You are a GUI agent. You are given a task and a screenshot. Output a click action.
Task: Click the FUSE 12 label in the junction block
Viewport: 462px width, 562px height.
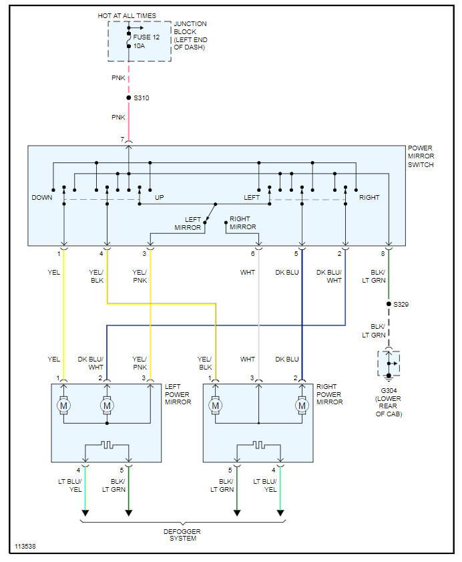coord(146,37)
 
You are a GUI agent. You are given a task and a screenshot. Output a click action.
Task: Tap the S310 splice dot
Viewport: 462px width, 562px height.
coord(129,98)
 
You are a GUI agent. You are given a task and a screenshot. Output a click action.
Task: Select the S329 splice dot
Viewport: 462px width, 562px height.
coord(389,304)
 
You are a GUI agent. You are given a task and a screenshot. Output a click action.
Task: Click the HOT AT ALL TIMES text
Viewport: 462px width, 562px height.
coord(127,16)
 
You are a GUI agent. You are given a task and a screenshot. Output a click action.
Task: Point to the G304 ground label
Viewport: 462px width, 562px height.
coord(389,391)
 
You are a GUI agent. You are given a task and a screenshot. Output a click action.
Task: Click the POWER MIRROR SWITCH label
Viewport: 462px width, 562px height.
coord(421,156)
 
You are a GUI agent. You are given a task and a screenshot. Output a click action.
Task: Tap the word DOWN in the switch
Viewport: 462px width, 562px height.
coord(42,198)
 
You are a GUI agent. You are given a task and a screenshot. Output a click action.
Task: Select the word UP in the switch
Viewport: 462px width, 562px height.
coord(159,198)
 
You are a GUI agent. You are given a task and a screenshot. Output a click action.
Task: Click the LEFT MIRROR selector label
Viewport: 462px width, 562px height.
coord(188,223)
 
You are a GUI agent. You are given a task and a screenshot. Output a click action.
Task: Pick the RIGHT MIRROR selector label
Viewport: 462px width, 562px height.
coord(243,223)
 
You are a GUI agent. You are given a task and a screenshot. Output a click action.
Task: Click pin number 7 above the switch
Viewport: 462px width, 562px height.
coord(122,140)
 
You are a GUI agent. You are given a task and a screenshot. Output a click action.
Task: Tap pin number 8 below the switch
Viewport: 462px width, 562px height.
coord(383,254)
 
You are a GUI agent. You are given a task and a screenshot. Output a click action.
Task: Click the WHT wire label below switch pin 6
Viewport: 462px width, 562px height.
coord(248,273)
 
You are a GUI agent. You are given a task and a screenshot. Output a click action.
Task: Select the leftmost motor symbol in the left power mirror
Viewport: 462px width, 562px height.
coord(63,406)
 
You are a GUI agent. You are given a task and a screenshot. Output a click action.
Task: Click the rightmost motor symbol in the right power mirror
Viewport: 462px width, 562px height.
coord(302,406)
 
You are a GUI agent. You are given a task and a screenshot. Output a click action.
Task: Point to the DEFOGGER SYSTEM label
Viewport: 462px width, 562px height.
coord(182,535)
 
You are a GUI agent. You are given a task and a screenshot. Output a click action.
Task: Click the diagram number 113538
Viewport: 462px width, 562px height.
coord(25,547)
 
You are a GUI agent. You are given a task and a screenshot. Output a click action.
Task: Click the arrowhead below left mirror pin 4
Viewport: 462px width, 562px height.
coord(85,513)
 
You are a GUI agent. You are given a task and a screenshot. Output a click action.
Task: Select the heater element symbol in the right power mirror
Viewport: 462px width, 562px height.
coord(258,446)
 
